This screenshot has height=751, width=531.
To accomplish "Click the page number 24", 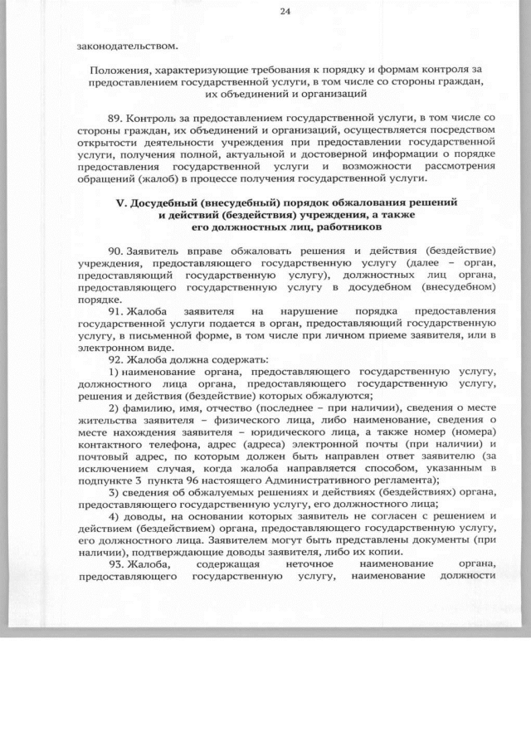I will click(285, 12).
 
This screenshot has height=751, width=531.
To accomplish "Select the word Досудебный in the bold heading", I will click(163, 202).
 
